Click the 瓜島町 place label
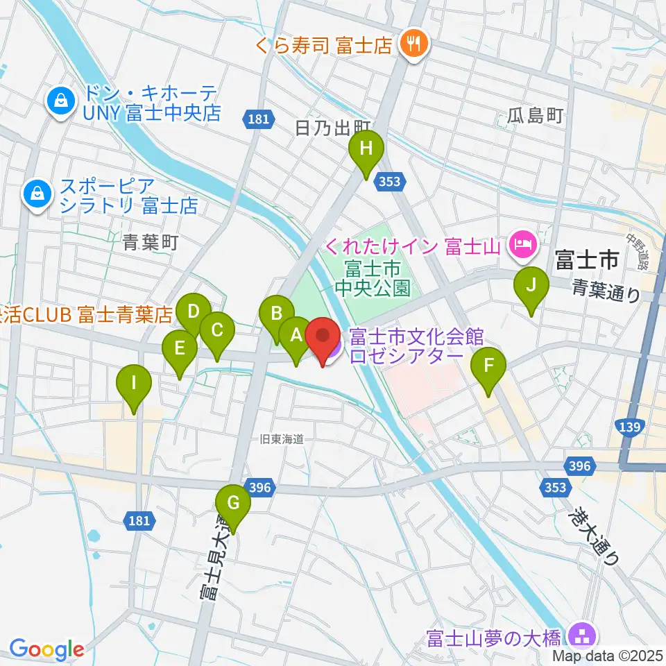tap(535, 115)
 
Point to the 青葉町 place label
tap(151, 242)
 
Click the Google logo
tap(46, 649)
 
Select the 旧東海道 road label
tap(282, 438)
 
